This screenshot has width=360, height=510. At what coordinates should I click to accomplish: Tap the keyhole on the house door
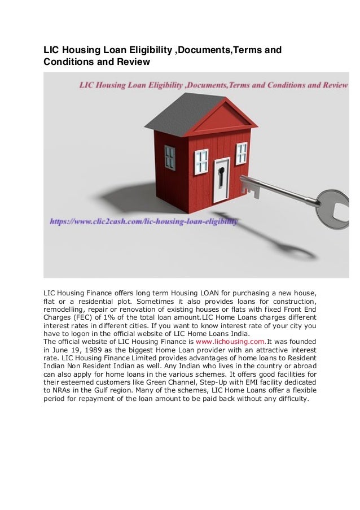tap(222, 172)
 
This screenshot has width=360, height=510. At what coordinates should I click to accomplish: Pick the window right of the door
tap(242, 152)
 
